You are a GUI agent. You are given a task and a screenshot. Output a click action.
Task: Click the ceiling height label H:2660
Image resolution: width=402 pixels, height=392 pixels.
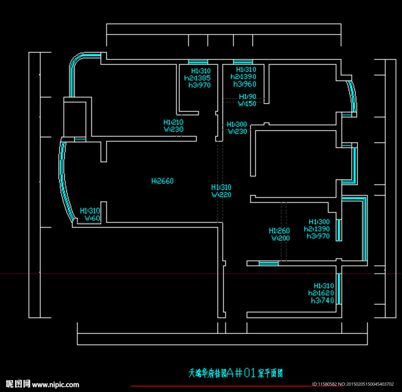pyautogui.click(x=162, y=181)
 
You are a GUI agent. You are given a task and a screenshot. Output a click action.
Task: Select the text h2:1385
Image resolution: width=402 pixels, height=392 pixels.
pyautogui.click(x=197, y=78)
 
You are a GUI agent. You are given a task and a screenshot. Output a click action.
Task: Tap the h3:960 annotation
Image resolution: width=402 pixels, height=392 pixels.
pyautogui.click(x=244, y=84)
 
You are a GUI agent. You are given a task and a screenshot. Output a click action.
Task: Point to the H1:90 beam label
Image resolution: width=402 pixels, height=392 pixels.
pyautogui.click(x=247, y=97)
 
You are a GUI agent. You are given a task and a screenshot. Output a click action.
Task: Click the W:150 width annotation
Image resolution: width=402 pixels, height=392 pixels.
pyautogui.click(x=247, y=104)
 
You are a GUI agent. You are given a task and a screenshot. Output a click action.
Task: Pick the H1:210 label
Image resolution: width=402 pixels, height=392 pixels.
pyautogui.click(x=173, y=122)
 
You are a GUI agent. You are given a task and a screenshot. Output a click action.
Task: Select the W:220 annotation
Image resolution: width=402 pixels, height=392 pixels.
pyautogui.click(x=221, y=195)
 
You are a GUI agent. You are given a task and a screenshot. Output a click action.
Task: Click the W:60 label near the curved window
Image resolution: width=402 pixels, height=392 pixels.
pyautogui.click(x=92, y=218)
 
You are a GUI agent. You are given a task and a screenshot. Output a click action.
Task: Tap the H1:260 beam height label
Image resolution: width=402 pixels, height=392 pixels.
pyautogui.click(x=279, y=231)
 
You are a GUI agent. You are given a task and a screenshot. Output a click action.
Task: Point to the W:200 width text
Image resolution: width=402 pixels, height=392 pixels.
pyautogui.click(x=280, y=238)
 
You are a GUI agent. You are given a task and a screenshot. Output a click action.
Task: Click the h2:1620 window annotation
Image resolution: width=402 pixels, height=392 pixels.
pyautogui.click(x=321, y=293)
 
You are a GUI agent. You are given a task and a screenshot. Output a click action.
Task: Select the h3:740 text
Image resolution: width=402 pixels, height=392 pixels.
pyautogui.click(x=322, y=300)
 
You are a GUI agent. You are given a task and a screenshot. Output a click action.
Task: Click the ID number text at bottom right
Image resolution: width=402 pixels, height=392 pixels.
pyautogui.click(x=353, y=384)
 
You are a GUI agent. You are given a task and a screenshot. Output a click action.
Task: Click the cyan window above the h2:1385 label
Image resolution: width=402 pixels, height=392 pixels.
pyautogui.click(x=198, y=62)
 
